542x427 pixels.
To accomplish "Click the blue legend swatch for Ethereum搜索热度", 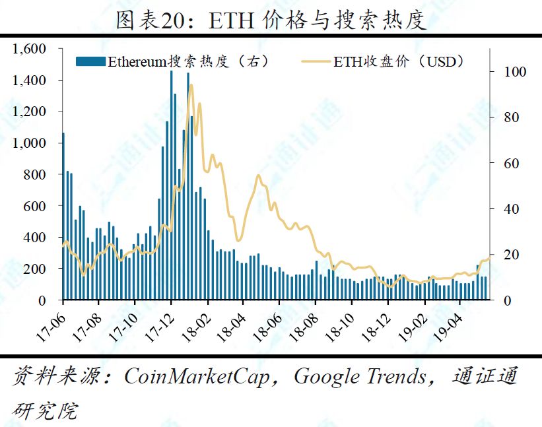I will click(x=91, y=62).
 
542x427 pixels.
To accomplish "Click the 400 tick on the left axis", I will click(x=36, y=238).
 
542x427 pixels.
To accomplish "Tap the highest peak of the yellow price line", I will click(x=191, y=85).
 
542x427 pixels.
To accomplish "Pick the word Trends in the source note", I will click(x=398, y=378).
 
